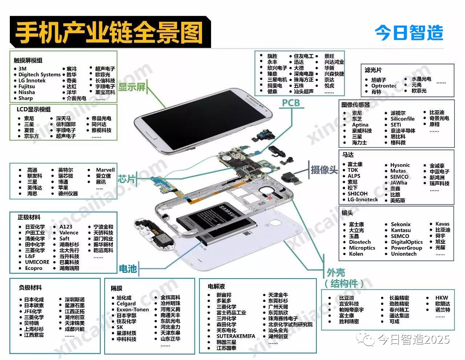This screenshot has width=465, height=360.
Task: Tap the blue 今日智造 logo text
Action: (409, 33)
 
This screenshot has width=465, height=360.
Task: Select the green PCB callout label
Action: (291, 103)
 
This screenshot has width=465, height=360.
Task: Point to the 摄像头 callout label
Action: (324, 169)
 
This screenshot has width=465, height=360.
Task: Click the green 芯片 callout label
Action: (127, 178)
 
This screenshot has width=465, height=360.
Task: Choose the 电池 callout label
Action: (128, 269)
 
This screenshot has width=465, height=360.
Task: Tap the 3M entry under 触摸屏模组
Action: (23, 69)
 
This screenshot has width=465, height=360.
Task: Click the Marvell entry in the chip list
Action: (105, 170)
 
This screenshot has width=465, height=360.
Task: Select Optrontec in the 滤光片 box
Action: (384, 86)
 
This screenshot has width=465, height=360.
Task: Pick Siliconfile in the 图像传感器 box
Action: (403, 119)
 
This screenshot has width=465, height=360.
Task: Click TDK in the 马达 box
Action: (353, 170)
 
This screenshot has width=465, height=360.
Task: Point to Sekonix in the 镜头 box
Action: (401, 225)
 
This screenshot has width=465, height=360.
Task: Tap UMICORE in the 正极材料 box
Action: (37, 262)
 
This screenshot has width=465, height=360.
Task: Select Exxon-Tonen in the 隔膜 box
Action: (133, 310)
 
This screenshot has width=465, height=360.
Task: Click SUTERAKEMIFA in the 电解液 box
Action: (236, 336)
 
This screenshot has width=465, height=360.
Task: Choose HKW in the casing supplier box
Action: (442, 298)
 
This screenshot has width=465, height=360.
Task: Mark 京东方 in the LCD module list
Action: (32, 136)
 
